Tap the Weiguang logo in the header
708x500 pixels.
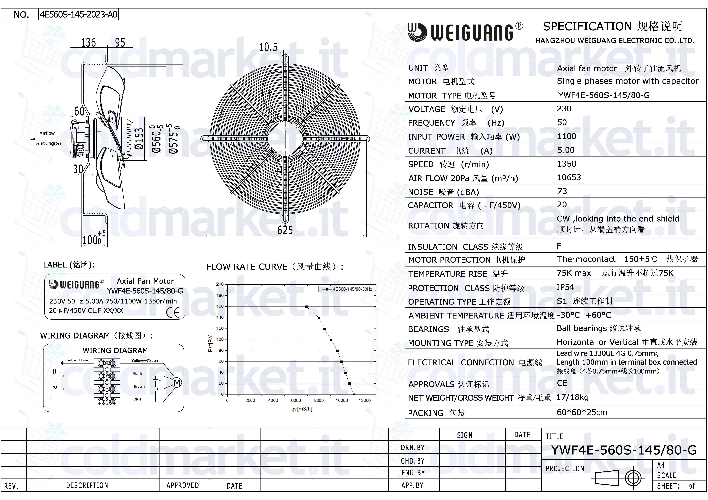click(x=465, y=31)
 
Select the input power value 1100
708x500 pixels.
click(x=567, y=136)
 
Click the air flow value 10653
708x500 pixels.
click(x=569, y=177)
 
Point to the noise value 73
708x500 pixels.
click(x=562, y=191)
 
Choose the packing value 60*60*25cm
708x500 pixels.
click(x=582, y=412)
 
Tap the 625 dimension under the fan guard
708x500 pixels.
click(x=285, y=230)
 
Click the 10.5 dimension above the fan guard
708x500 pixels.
click(x=268, y=47)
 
